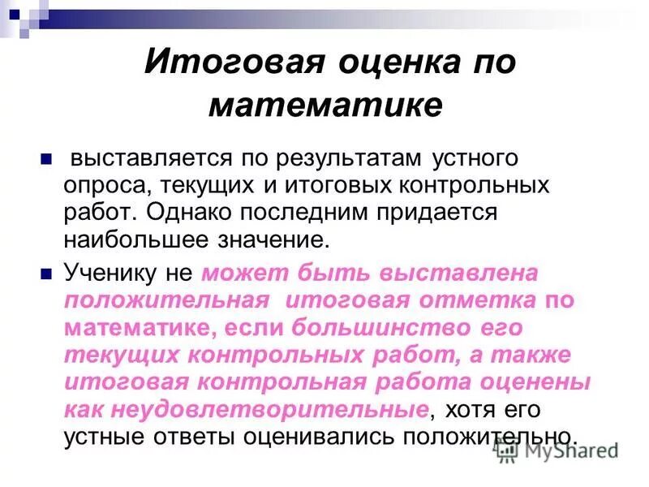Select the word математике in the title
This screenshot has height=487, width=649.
pyautogui.click(x=324, y=106)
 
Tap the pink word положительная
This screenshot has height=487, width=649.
pyautogui.click(x=167, y=300)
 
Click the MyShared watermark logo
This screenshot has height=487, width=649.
pyautogui.click(x=559, y=449)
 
